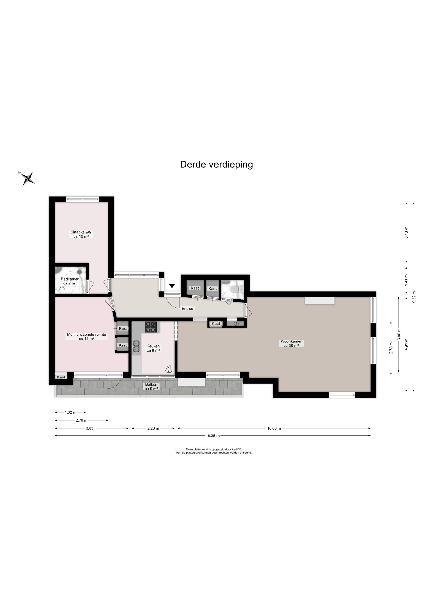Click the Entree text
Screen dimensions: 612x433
(x=187, y=308)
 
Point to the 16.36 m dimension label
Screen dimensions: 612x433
(x=212, y=436)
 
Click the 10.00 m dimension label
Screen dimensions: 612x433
(x=274, y=428)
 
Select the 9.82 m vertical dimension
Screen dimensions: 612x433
(x=414, y=297)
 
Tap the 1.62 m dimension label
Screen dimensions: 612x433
(x=70, y=412)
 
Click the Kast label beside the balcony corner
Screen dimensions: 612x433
(x=61, y=377)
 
